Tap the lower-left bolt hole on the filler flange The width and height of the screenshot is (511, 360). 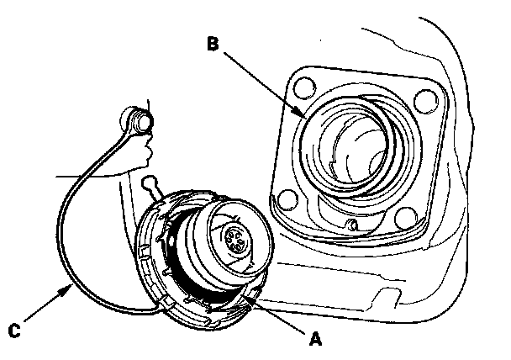tap(287, 200)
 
